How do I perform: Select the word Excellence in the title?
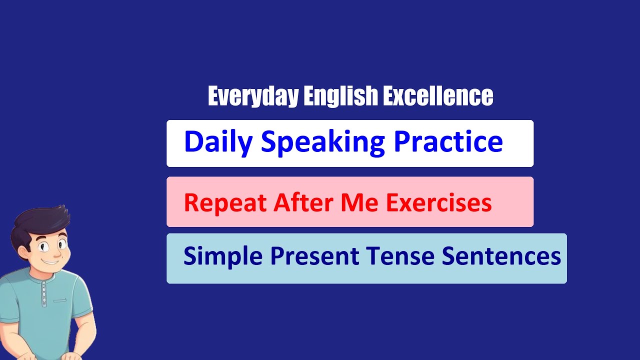(438, 96)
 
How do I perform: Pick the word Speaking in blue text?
(323, 142)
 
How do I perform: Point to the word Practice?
(448, 142)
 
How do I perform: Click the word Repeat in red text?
(225, 203)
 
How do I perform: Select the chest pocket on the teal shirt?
(60, 300)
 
